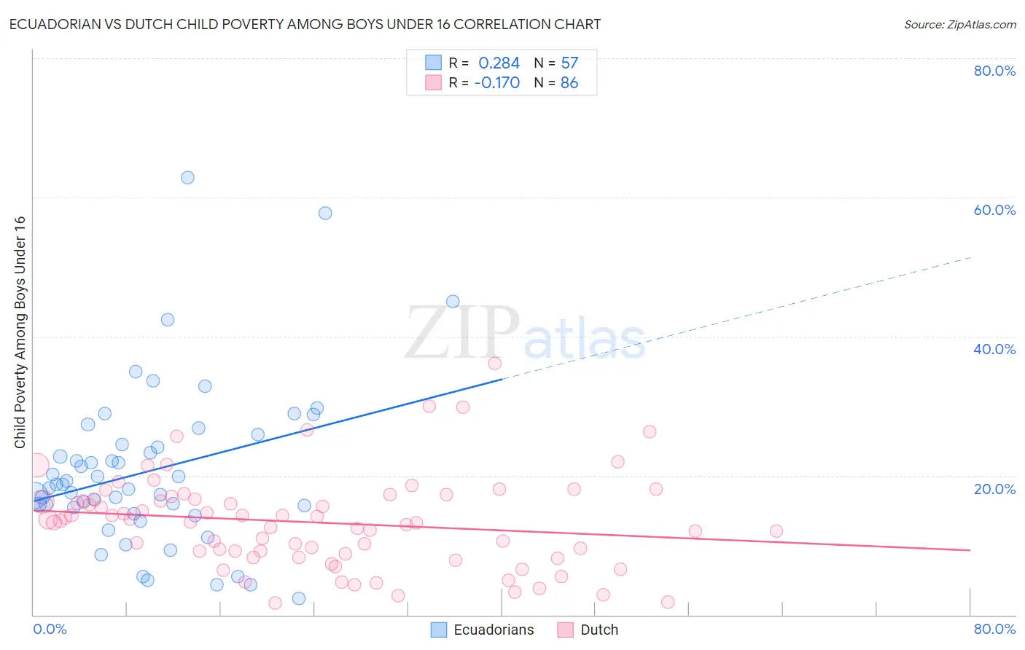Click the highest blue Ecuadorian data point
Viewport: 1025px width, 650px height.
[x=187, y=177]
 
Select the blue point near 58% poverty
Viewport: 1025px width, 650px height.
[x=325, y=213]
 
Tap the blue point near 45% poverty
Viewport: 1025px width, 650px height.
[x=453, y=302]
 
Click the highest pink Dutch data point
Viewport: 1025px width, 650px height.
[x=495, y=363]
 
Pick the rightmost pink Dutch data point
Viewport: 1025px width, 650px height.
[x=776, y=531]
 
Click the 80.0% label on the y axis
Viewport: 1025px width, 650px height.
[x=994, y=71]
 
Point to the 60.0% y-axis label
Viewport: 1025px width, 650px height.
[x=994, y=210]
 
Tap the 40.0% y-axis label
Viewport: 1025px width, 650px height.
[x=994, y=349]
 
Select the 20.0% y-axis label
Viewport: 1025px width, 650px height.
[x=994, y=489]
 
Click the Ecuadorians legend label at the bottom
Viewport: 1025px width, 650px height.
[x=494, y=630]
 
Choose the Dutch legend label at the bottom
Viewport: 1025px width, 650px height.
[x=599, y=630]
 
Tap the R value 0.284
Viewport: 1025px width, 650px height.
[x=499, y=63]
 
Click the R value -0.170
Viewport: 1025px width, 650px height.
[x=496, y=83]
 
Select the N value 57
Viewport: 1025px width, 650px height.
[x=569, y=63]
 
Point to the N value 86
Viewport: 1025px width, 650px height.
[x=569, y=83]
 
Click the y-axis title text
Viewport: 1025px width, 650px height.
[x=20, y=332]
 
